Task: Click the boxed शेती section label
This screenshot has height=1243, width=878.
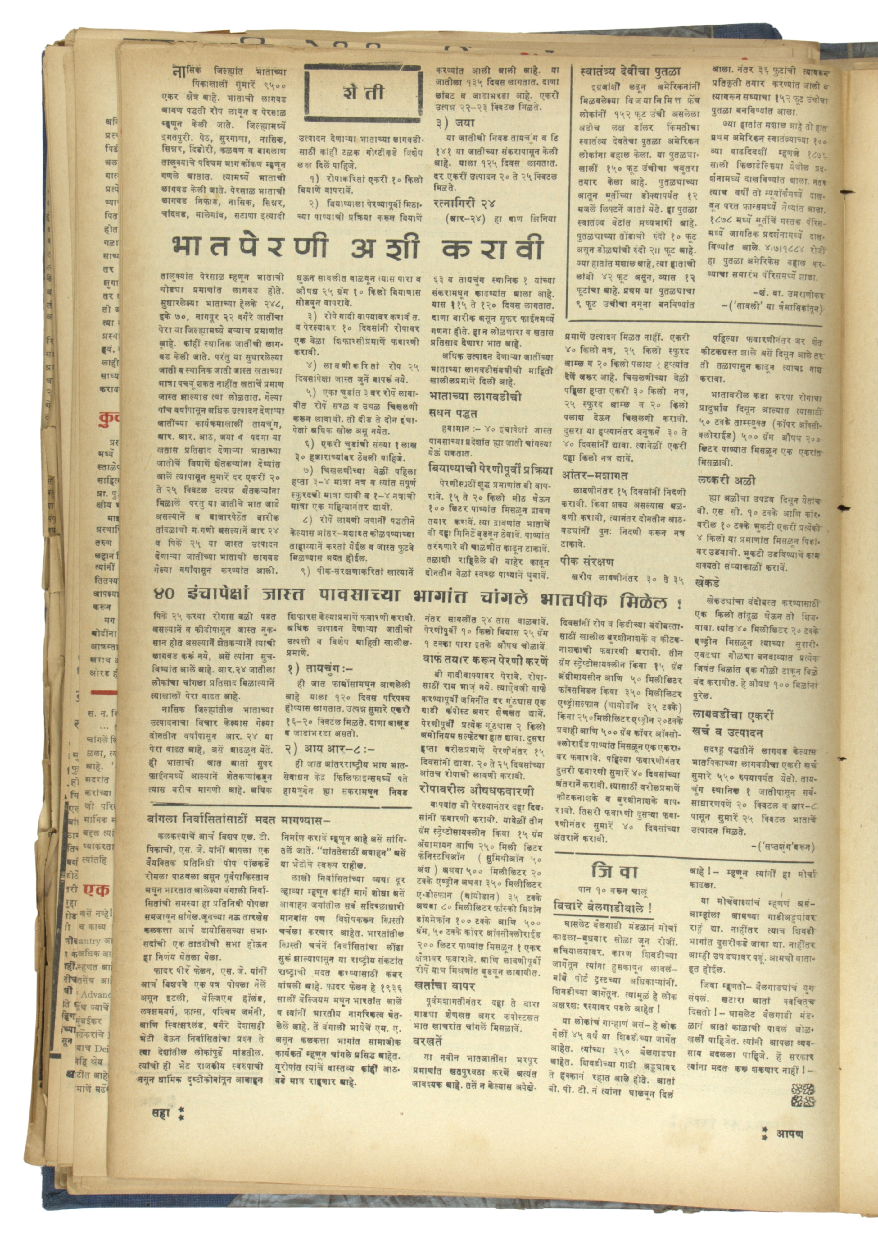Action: (362, 92)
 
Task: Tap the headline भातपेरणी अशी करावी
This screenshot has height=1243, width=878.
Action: (357, 247)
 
